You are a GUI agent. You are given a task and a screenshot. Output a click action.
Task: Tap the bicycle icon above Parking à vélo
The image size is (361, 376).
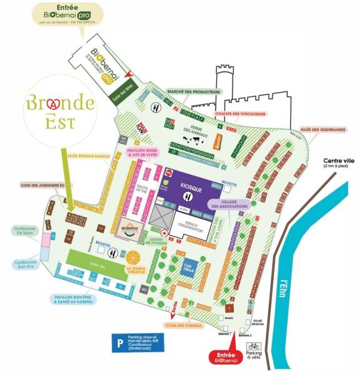pos(253,345)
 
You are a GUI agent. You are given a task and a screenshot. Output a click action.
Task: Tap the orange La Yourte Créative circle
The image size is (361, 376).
pos(134,257)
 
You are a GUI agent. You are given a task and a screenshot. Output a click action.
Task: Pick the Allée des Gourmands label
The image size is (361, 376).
pos(323,130)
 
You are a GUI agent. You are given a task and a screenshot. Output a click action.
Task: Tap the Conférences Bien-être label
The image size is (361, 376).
pos(26,263)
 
